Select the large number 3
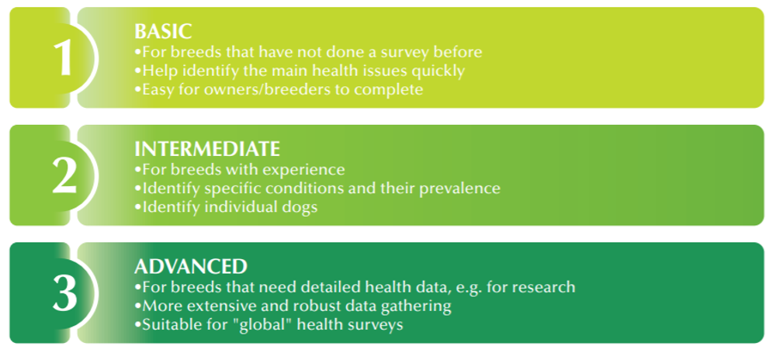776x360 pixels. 65,293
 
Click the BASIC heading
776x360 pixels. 163,32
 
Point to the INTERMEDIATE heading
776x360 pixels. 207,149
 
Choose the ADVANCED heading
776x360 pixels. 191,267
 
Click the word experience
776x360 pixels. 304,170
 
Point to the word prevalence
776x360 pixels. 459,189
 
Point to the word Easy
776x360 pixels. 157,90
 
